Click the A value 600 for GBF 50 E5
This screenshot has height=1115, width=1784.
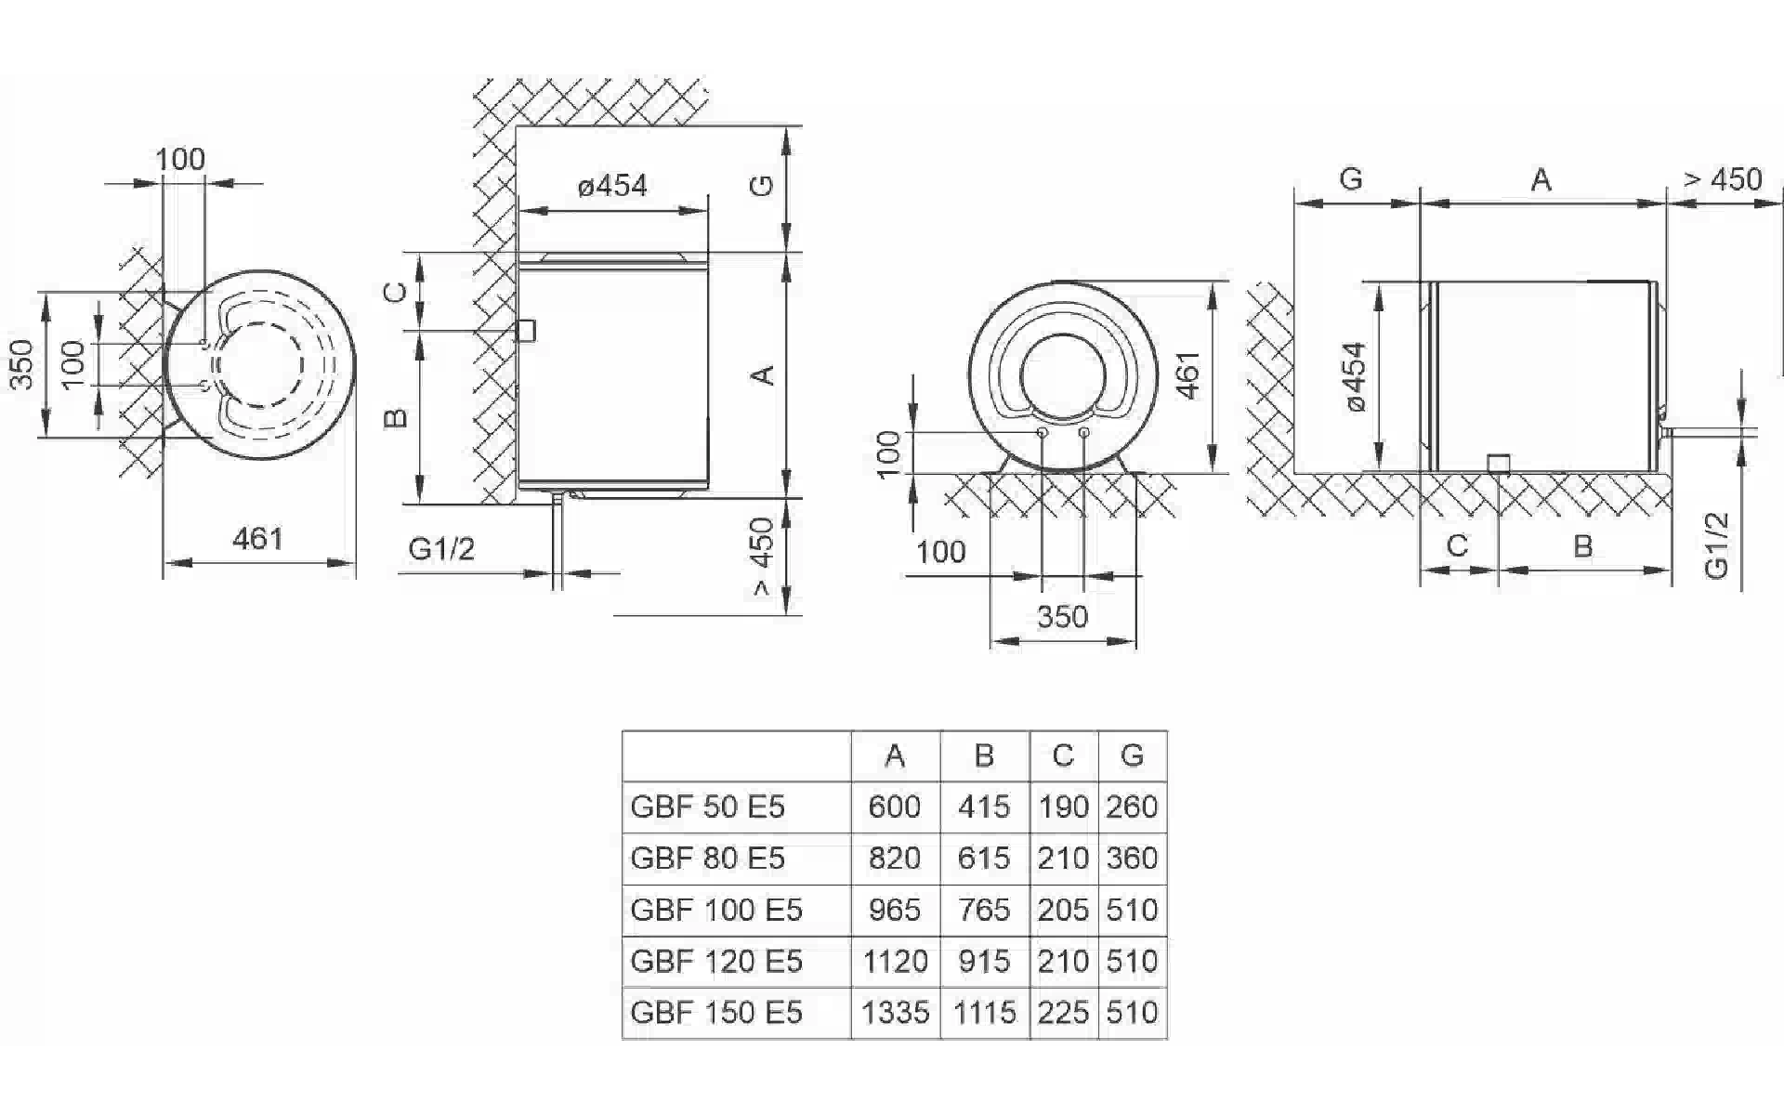tap(894, 807)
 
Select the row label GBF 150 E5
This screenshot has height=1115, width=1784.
tap(716, 1012)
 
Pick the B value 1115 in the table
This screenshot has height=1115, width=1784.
tap(984, 1012)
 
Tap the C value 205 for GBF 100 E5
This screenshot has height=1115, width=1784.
tap(1063, 910)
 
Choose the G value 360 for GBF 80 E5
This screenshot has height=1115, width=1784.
tap(1132, 858)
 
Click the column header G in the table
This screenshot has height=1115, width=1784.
tap(1132, 755)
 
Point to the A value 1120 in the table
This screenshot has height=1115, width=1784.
tap(895, 961)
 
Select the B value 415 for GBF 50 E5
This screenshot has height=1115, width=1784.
tap(984, 807)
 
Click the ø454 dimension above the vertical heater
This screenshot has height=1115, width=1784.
tap(612, 186)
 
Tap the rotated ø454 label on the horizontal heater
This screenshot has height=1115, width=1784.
tap(1356, 376)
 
